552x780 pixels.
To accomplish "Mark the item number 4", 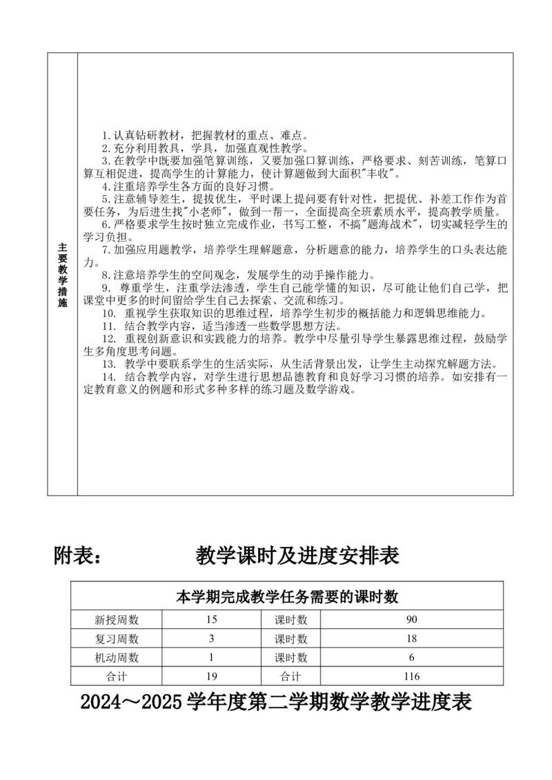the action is click(x=105, y=186).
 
